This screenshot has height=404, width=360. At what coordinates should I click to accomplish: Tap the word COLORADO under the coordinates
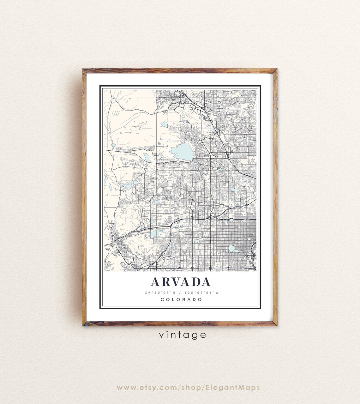pyautogui.click(x=181, y=299)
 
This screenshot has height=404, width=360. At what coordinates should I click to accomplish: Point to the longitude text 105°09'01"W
pyautogui.click(x=204, y=292)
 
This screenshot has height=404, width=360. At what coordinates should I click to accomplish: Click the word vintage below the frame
pyautogui.click(x=183, y=335)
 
